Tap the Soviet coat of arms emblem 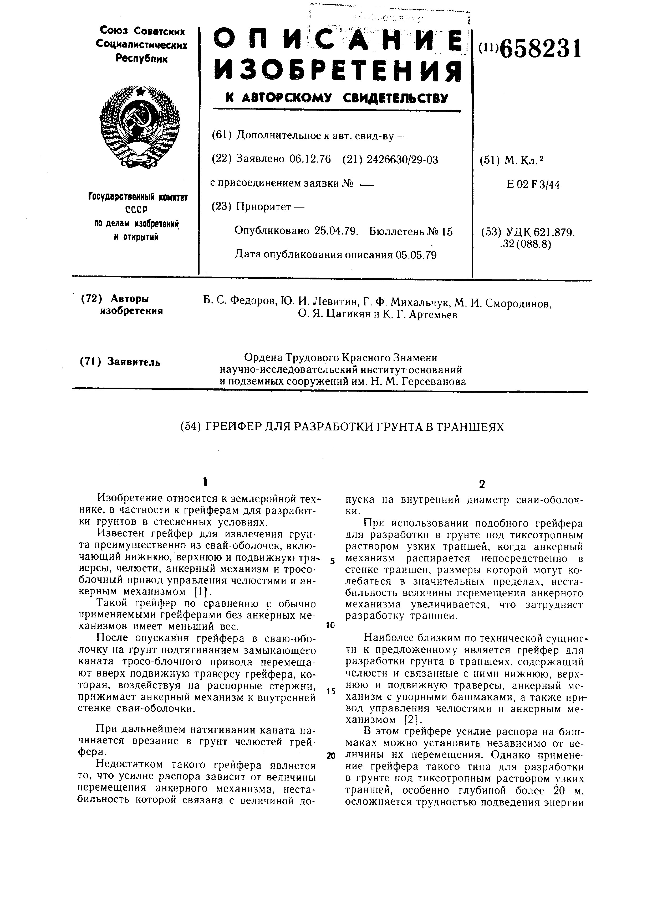click(x=139, y=126)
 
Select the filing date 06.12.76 click(x=310, y=160)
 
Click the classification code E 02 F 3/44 click(x=533, y=185)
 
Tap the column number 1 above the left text click(x=205, y=481)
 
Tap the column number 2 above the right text click(x=482, y=485)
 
